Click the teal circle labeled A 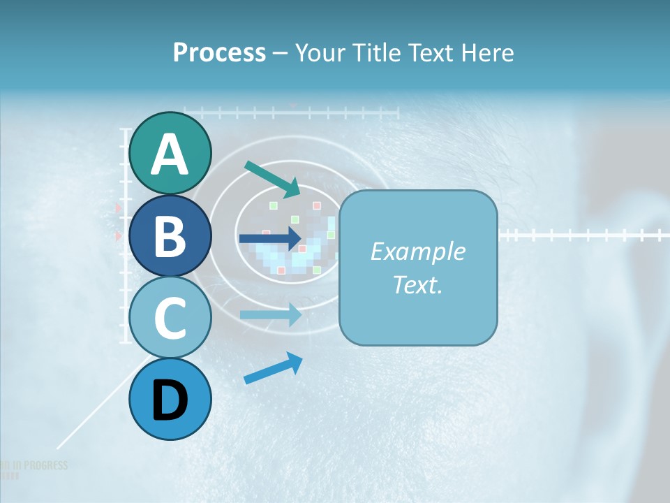point(170,153)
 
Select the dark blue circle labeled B point(170,236)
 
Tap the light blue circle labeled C point(170,319)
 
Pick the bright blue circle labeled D point(170,400)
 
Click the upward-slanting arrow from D point(273,368)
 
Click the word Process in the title point(219,52)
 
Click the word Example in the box point(417,251)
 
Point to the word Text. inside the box point(417,284)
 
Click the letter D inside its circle point(170,401)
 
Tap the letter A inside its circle point(170,154)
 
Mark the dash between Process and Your point(280,54)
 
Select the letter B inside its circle point(170,237)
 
